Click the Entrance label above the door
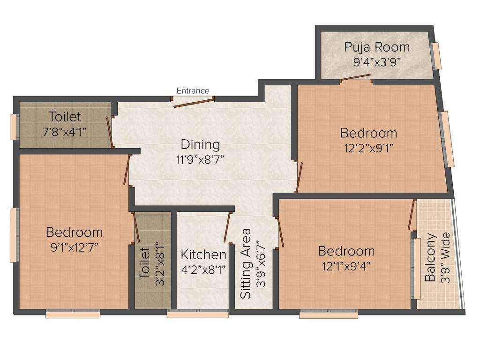[193, 90]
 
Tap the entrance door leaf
[194, 102]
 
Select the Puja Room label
[377, 47]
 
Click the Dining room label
[200, 144]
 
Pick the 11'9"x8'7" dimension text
[200, 159]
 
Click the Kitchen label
[203, 255]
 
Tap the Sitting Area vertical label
[246, 263]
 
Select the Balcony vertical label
[430, 257]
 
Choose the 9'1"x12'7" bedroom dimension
[74, 247]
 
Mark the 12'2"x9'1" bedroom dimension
[368, 148]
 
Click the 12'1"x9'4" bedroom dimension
[346, 266]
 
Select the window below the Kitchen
[197, 315]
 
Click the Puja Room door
[356, 80]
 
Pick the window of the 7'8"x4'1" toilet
[15, 127]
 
